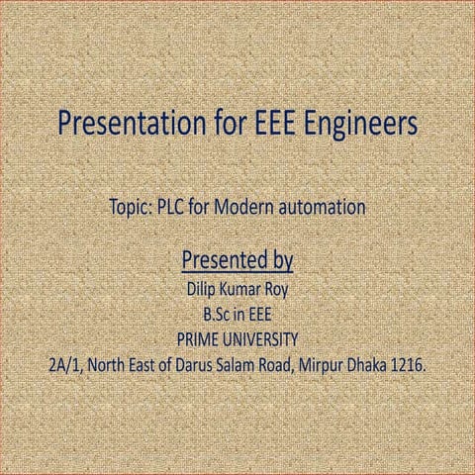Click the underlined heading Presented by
(x=237, y=261)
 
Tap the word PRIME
(x=198, y=340)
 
